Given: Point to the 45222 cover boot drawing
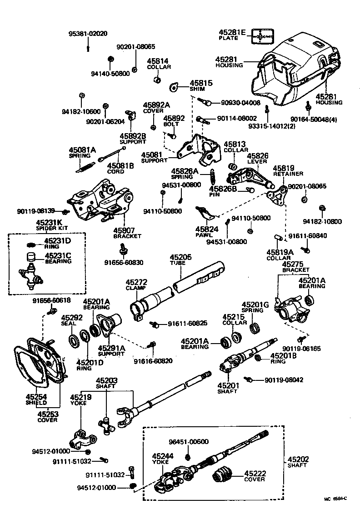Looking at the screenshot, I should [222, 475].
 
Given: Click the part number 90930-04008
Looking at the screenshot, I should [241, 103].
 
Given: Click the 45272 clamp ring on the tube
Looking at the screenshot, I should [136, 312].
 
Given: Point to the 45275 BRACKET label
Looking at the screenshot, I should [295, 267].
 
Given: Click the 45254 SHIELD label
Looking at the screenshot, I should [36, 399].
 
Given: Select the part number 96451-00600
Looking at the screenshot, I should [189, 441].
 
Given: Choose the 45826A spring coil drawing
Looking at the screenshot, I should [212, 176].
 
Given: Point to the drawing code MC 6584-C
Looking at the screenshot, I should [335, 499].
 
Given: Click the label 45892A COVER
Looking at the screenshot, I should [156, 107].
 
